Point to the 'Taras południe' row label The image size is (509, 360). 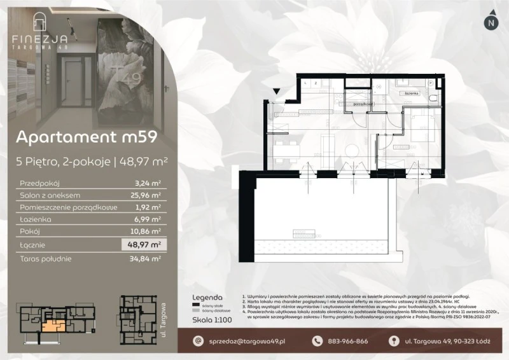[x=46, y=258]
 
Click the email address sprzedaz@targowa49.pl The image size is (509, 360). [x=246, y=342]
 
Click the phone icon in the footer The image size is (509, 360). [x=317, y=342]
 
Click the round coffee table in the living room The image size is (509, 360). [x=351, y=149]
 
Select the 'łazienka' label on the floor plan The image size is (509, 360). [x=410, y=93]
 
